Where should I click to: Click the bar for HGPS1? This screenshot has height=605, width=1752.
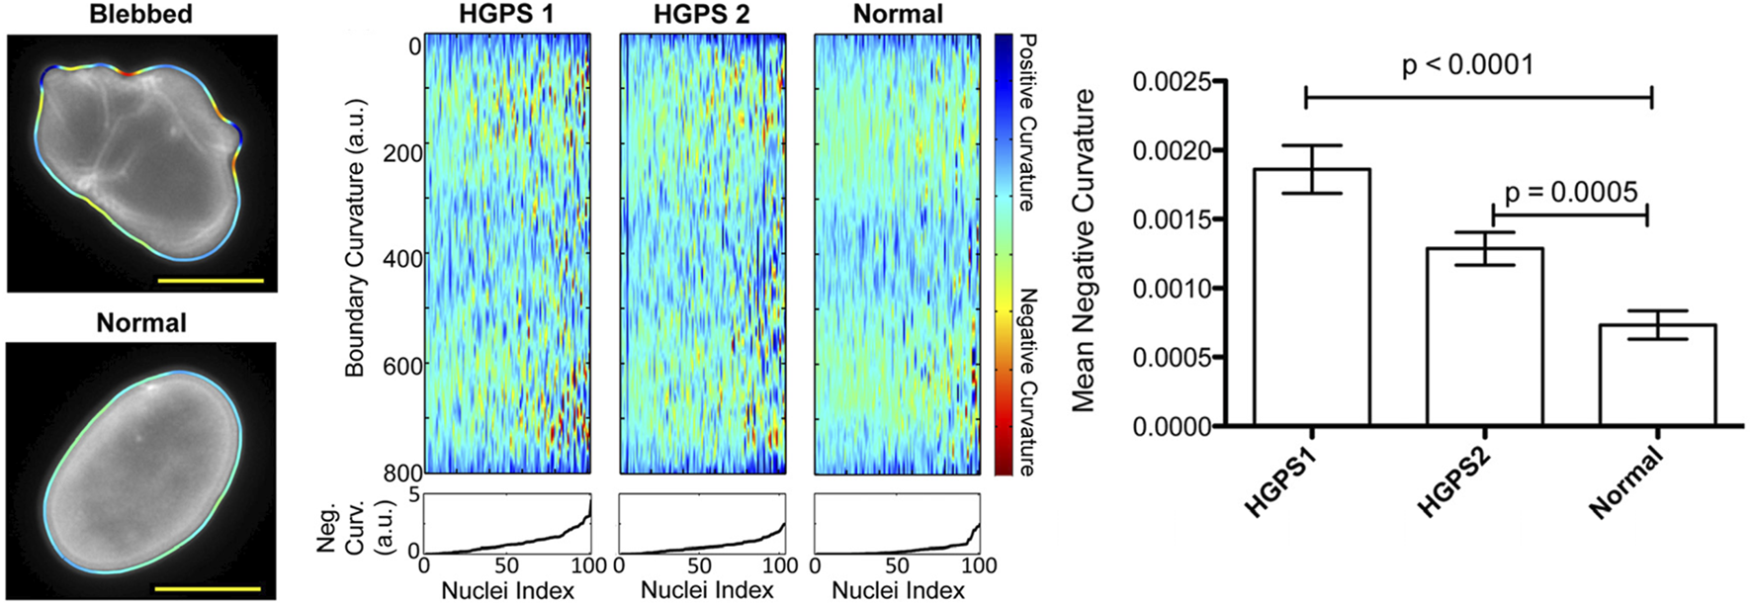1311,297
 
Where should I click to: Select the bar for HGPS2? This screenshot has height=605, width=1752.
1484,336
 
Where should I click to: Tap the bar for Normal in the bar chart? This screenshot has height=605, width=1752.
1657,376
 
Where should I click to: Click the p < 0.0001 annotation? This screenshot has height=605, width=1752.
1467,66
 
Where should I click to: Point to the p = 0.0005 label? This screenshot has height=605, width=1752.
1570,192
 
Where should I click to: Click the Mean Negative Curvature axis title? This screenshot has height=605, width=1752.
1085,251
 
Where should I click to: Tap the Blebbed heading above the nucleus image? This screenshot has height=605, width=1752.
140,14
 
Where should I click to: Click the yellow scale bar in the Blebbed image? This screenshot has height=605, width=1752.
211,281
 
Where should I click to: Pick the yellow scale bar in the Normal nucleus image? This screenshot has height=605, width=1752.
208,589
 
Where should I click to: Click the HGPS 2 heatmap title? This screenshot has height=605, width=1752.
701,14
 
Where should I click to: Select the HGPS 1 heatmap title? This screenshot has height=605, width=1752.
506,14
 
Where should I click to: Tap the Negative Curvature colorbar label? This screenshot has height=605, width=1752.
1028,381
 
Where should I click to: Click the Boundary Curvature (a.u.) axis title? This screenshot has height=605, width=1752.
355,237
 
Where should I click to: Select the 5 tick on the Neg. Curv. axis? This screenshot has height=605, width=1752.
415,495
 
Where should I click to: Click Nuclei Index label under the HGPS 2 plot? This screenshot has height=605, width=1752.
707,590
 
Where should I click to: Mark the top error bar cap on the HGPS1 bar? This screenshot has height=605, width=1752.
1311,146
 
